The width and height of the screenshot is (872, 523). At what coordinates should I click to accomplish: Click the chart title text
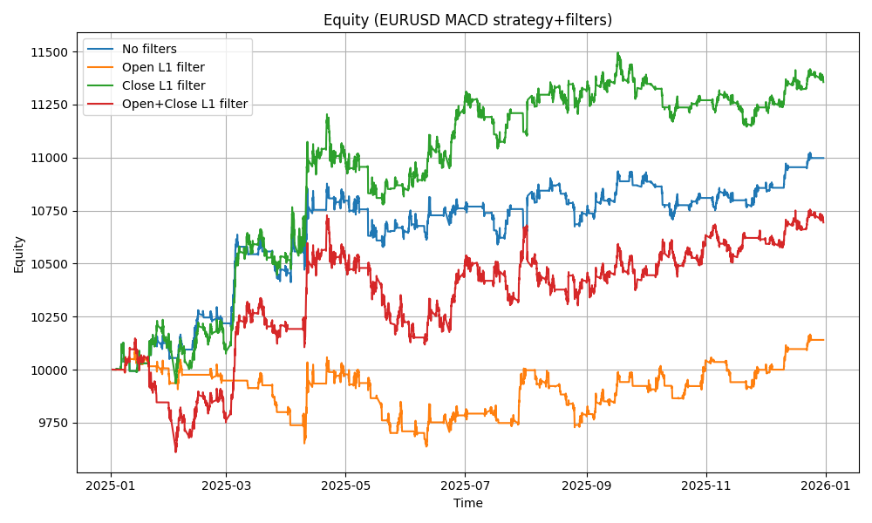point(467,20)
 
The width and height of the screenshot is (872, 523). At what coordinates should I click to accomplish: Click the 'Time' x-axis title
point(467,503)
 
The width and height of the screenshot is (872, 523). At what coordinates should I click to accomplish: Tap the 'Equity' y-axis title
point(19,254)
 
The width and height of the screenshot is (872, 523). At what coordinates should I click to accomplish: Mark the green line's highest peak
point(618,53)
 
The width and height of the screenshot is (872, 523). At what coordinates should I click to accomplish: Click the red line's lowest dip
point(175,451)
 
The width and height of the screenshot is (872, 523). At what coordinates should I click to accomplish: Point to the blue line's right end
point(824,158)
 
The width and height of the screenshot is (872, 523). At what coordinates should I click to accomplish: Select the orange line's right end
point(824,340)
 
